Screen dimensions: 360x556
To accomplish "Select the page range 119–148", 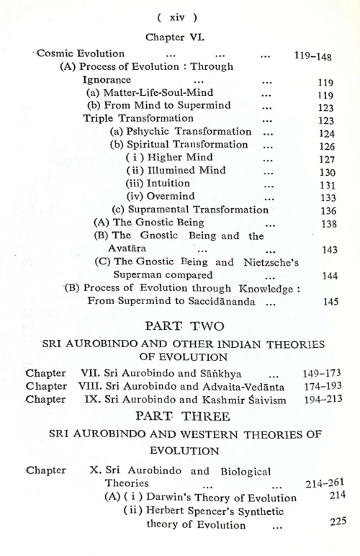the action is [316, 53].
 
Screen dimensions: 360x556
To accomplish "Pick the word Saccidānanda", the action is [218, 301].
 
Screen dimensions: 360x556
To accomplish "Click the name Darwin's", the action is [171, 498].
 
